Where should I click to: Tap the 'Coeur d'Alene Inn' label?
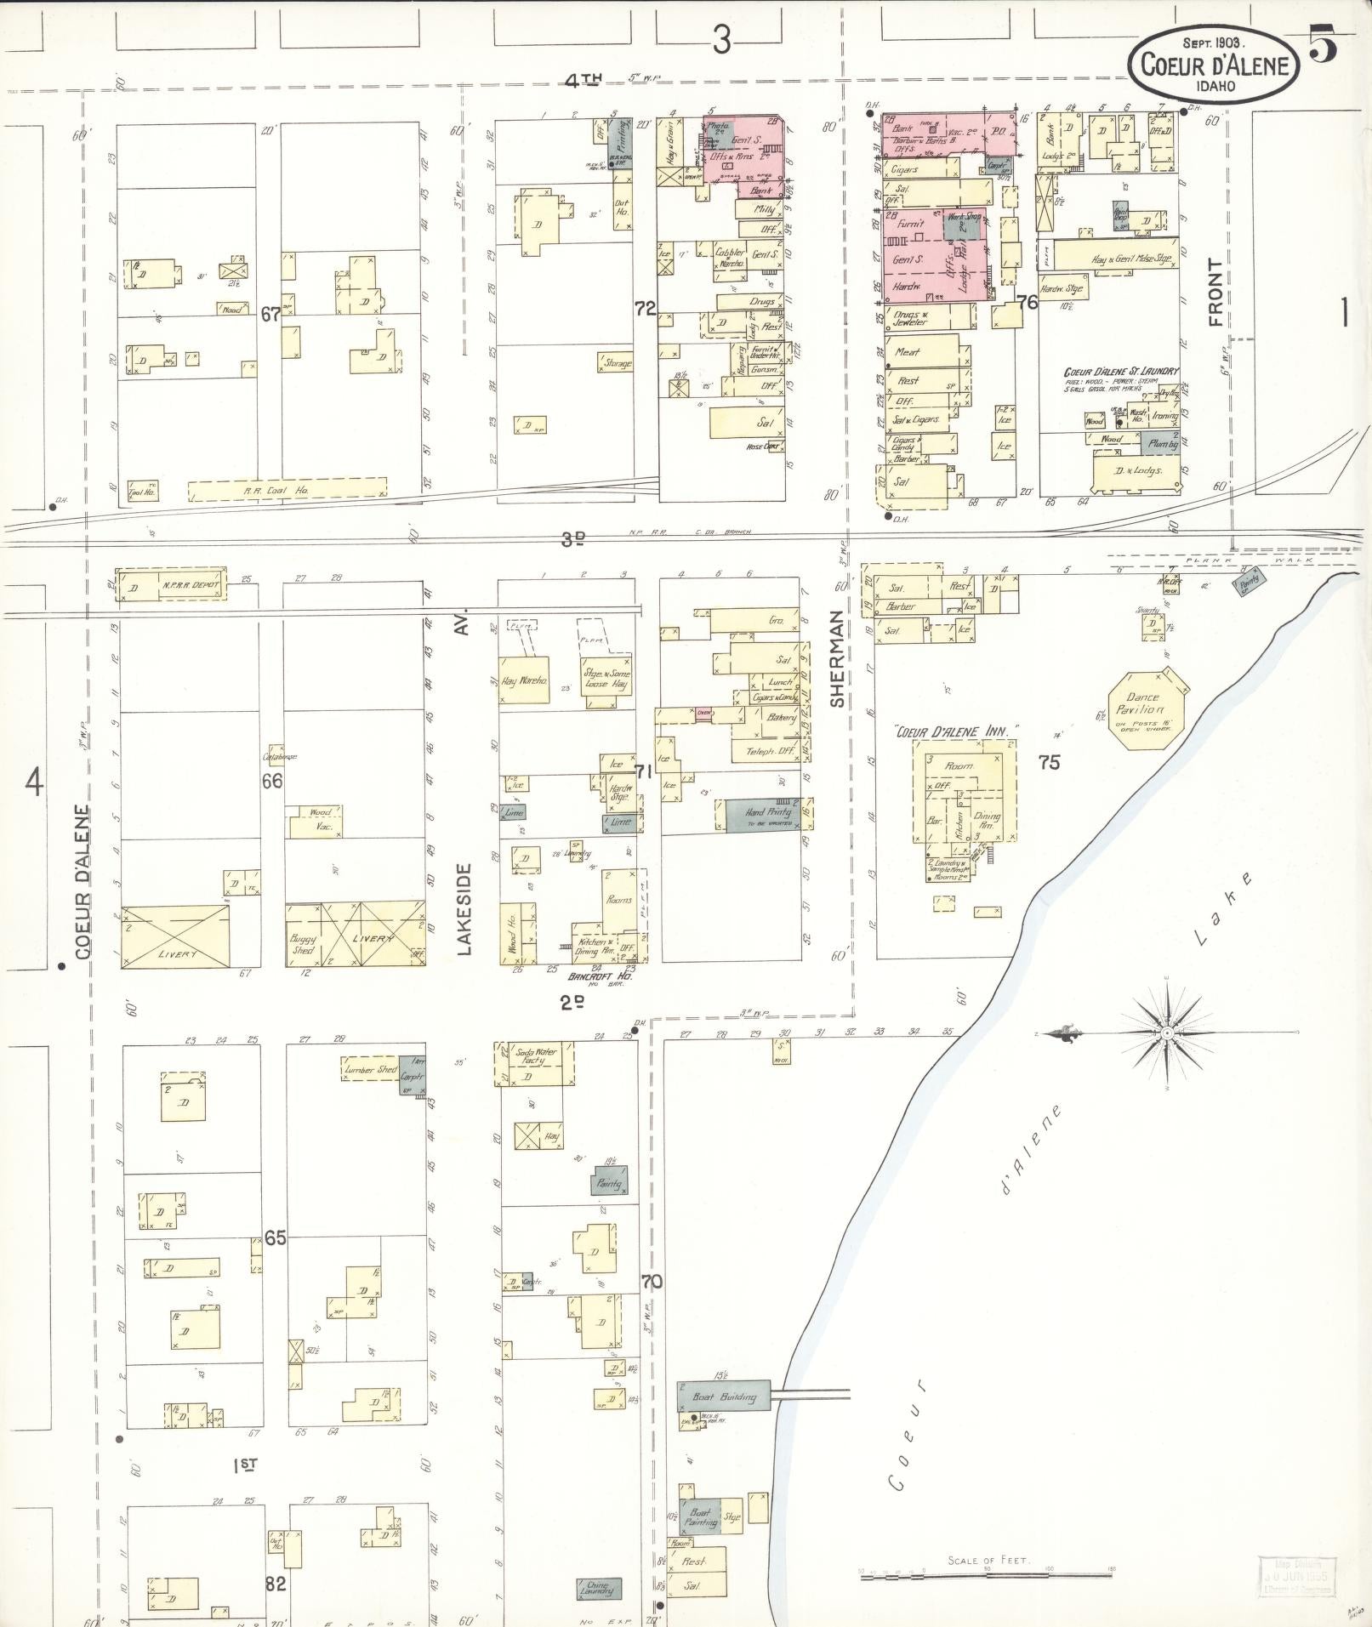point(955,731)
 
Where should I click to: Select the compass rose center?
point(1168,1033)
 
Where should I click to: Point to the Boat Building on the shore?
point(724,1397)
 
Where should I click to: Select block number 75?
point(1050,762)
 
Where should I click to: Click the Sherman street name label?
point(837,659)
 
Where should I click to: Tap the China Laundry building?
point(604,1587)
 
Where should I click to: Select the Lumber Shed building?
point(371,1069)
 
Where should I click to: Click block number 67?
point(270,315)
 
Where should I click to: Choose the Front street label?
point(1215,293)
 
